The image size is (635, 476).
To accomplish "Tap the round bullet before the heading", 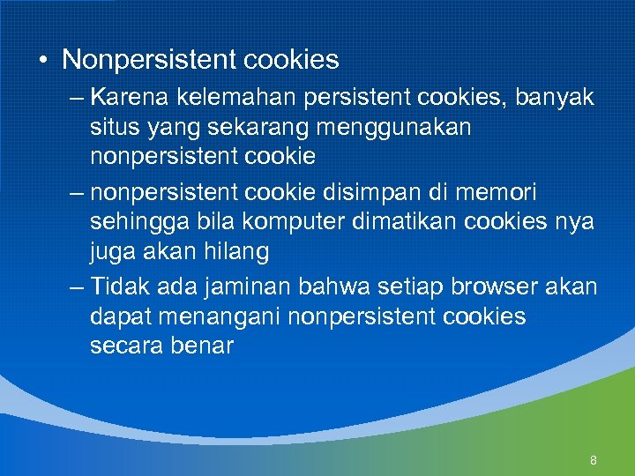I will (42, 61).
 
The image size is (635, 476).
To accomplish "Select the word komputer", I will (276, 220).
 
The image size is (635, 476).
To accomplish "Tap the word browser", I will (488, 287).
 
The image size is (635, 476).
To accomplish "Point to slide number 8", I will (594, 461).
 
